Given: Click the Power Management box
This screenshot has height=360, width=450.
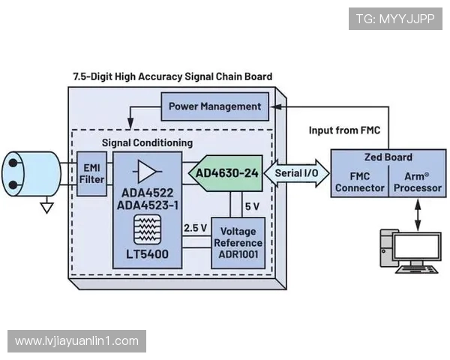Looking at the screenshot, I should tap(214, 106).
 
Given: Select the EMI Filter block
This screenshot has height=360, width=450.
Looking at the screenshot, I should tap(91, 173).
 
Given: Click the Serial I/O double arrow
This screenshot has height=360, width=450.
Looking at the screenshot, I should tap(296, 173).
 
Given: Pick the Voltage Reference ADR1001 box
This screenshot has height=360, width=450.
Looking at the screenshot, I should tap(238, 242).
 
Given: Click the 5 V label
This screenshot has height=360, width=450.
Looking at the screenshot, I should tap(253, 206).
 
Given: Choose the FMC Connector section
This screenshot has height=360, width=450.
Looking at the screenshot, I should tap(359, 182).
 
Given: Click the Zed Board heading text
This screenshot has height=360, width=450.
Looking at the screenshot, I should tap(387, 158).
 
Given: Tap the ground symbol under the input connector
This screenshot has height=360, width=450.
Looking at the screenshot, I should tap(47, 206).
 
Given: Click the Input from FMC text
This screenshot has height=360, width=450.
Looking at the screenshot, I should tap(344, 130).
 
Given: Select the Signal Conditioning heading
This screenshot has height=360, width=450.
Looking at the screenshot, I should tap(147, 142).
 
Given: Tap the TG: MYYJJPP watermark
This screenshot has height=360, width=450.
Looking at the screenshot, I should tap(395, 19).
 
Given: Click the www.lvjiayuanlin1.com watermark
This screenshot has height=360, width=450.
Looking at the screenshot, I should tap(76, 340).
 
